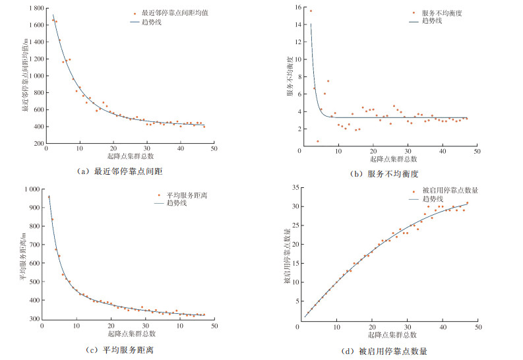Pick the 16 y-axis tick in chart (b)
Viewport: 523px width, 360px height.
[x=298, y=8]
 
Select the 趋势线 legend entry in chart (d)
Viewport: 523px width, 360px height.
[x=429, y=198]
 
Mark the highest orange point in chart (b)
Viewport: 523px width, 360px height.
[x=311, y=11]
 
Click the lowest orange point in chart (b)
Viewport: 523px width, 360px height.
[x=317, y=141]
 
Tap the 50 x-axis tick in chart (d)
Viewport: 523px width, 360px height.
[x=477, y=326]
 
